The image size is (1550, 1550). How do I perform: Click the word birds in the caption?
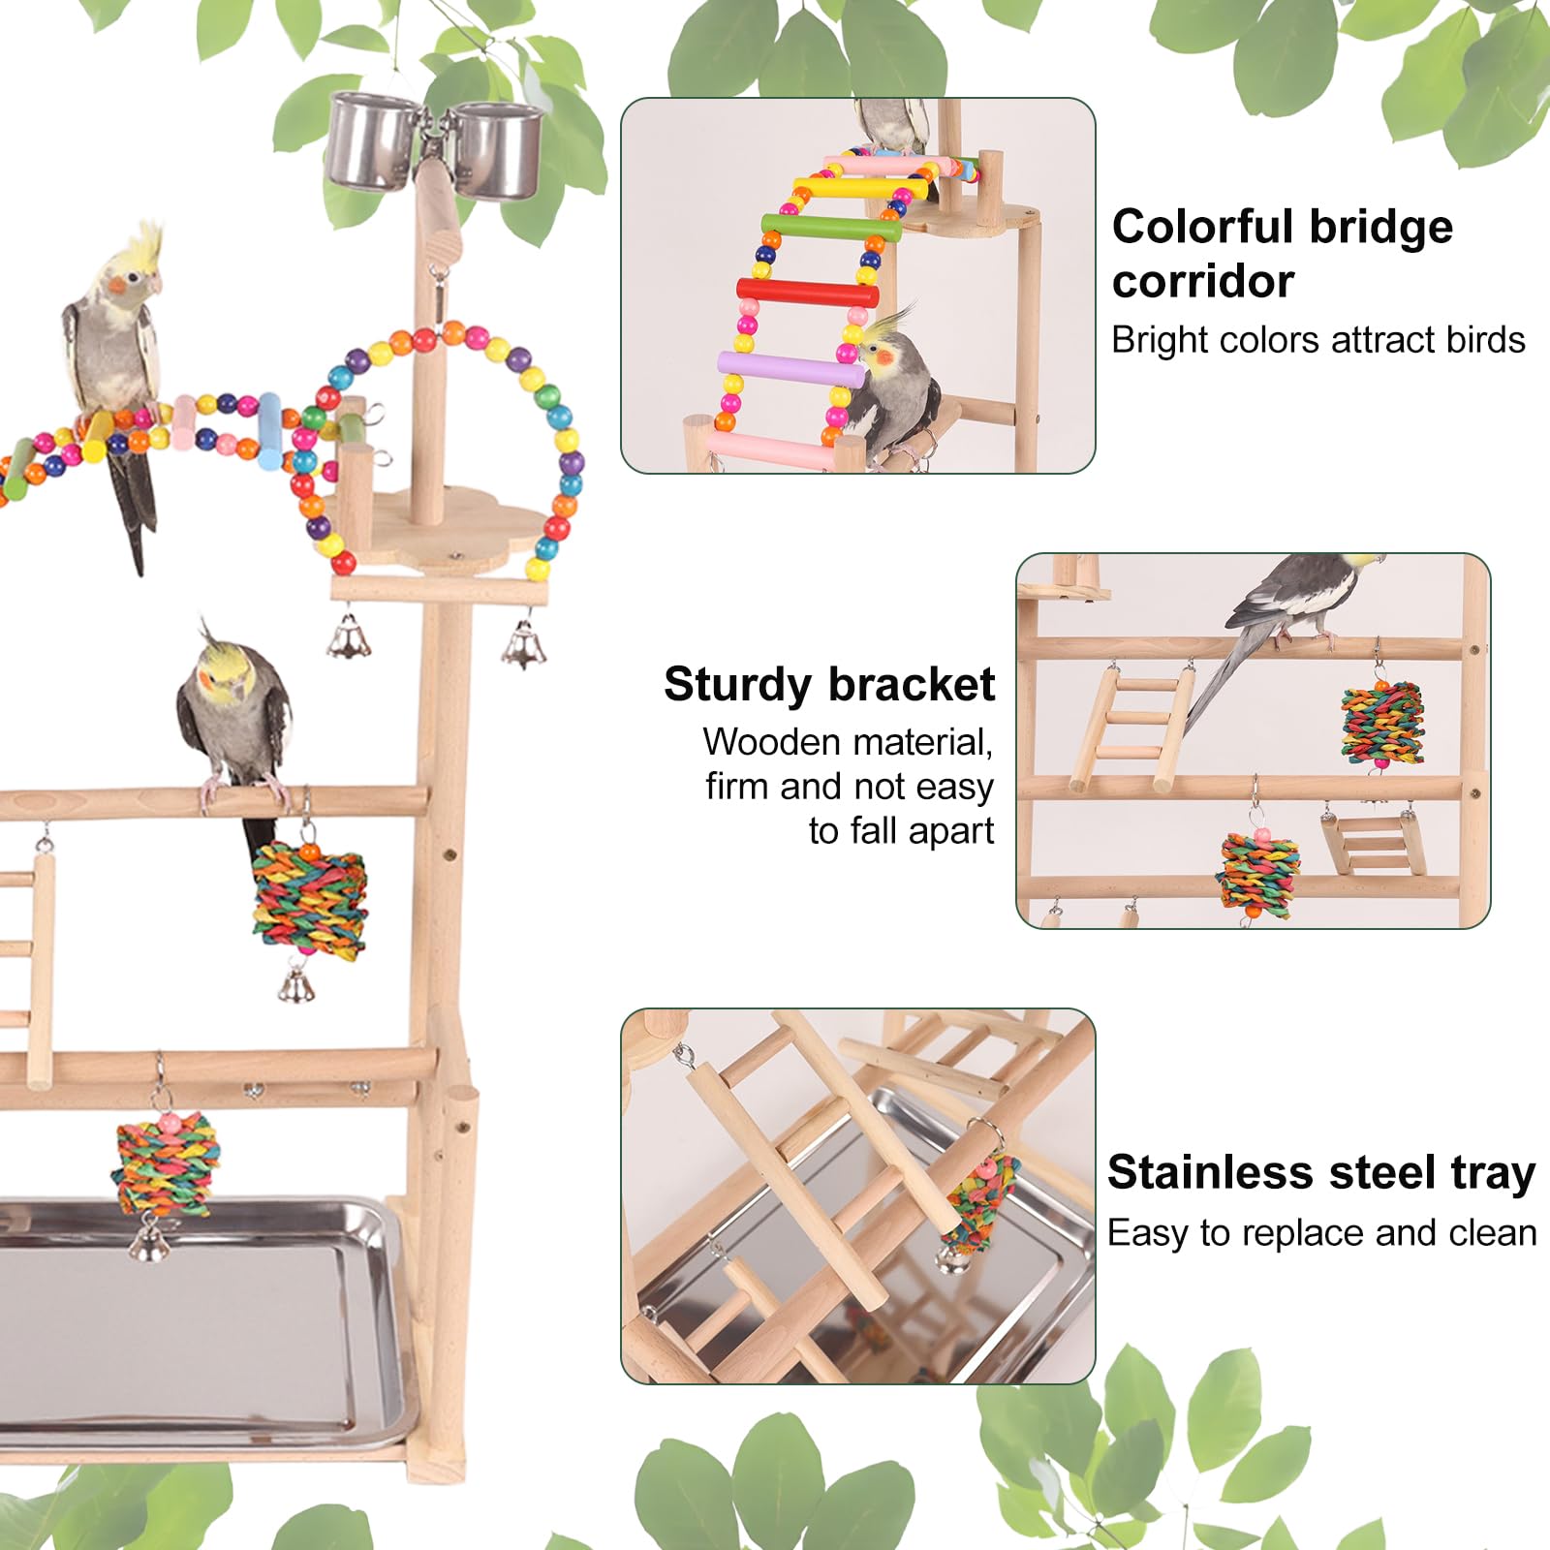[1485, 340]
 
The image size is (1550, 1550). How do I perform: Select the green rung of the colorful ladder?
[831, 229]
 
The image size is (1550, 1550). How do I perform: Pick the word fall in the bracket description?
[875, 831]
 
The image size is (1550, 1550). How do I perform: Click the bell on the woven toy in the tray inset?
[950, 1258]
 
